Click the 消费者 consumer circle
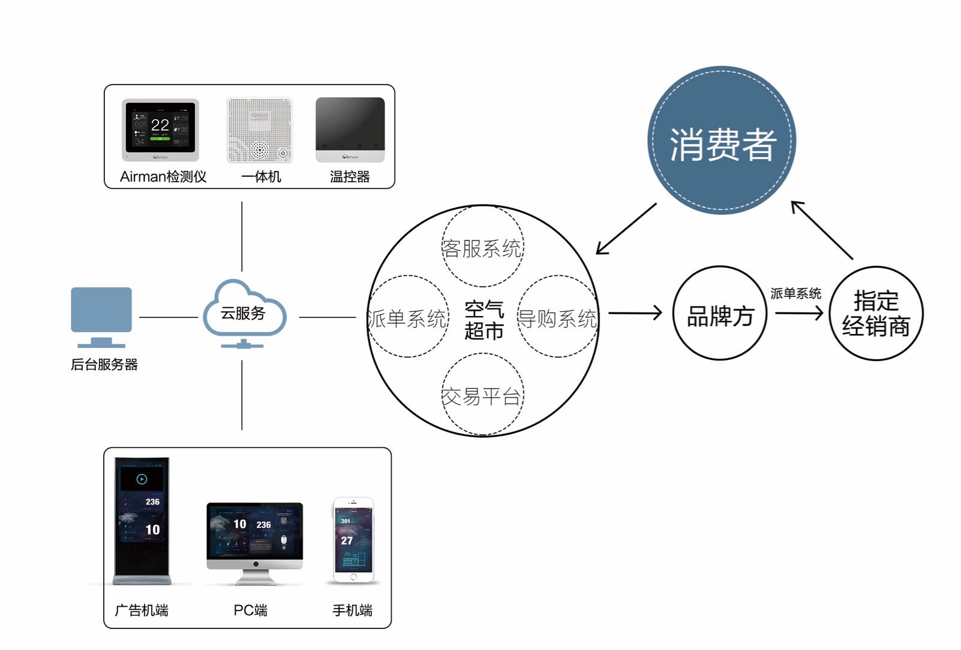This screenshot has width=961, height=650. click(722, 140)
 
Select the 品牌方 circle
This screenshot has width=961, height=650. click(719, 314)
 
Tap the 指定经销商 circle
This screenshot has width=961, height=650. click(876, 314)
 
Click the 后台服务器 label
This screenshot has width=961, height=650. click(104, 365)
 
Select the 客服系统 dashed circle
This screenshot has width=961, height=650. click(482, 247)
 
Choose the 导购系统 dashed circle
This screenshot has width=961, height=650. click(558, 317)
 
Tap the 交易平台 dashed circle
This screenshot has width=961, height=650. click(482, 395)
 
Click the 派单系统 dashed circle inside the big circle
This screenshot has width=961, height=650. click(407, 317)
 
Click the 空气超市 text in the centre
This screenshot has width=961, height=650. click(483, 320)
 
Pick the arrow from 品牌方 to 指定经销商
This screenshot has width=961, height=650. click(798, 312)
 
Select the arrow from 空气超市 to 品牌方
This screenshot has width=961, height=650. click(635, 312)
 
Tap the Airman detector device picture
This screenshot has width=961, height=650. click(160, 130)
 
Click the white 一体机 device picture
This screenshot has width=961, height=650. click(259, 130)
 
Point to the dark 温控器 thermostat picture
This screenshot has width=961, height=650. click(350, 130)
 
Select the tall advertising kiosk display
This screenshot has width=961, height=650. click(142, 520)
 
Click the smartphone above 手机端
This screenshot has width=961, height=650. click(353, 540)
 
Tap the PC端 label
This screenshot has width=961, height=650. click(250, 610)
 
